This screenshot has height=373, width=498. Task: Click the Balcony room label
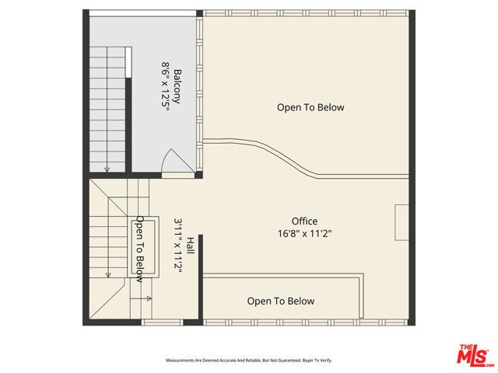[x=177, y=87]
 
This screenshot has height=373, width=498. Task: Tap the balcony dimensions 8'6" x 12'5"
[x=165, y=87]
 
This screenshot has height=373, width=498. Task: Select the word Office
[x=304, y=221]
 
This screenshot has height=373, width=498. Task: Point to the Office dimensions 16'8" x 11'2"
[x=304, y=233]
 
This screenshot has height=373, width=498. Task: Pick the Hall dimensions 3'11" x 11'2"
[x=177, y=245]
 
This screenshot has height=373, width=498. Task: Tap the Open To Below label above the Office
[x=310, y=108]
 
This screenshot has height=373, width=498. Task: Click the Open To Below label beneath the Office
[x=281, y=301]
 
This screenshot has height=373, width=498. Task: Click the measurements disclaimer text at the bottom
[x=248, y=361]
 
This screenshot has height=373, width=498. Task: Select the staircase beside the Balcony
[x=108, y=109]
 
